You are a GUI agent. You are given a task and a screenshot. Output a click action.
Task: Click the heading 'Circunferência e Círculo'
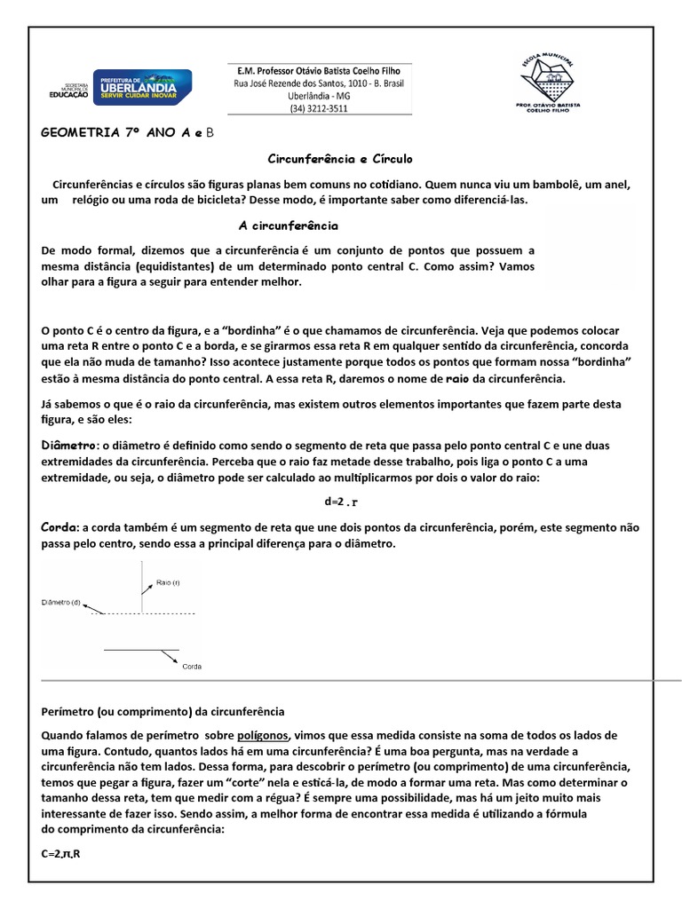tap(341, 159)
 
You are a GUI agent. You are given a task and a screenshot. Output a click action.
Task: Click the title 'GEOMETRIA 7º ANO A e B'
tap(128, 133)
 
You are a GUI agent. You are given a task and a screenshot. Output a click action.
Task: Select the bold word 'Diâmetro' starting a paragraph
tap(70, 445)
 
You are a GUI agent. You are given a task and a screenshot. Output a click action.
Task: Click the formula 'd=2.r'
tap(341, 502)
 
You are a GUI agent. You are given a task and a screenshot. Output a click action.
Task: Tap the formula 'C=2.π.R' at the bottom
tap(62, 855)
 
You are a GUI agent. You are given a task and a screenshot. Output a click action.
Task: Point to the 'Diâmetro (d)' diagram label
tap(61, 603)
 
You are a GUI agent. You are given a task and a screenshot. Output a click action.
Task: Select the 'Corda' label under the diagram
tap(192, 666)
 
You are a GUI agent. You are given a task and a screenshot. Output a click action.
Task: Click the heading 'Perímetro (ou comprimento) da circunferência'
tap(163, 712)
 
